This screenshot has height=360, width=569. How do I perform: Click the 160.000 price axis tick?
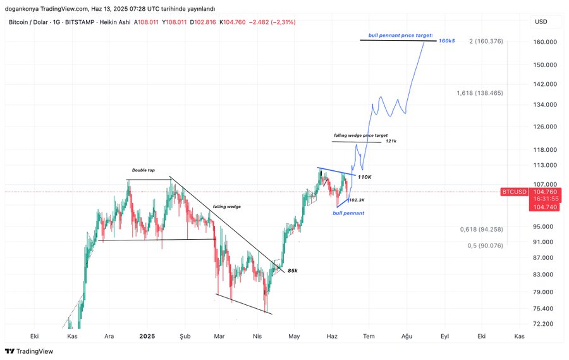coord(544,42)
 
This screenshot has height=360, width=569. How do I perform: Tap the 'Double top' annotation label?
coord(143,170)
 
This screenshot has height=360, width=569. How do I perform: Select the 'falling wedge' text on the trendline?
coord(226,206)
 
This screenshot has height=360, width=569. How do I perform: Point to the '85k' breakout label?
coord(292,270)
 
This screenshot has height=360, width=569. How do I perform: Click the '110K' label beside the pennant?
coord(364,177)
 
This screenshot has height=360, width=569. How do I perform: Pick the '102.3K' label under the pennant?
coord(357,200)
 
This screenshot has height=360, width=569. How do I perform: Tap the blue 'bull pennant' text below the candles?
coord(348,213)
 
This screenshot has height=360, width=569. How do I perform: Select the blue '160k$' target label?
coord(446,40)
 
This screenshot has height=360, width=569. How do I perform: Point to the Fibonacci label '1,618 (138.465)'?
coord(480,93)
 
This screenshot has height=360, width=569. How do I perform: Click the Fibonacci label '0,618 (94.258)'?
coord(481,229)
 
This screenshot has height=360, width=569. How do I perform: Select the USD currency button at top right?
coord(541,22)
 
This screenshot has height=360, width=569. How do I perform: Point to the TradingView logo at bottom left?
coord(29,351)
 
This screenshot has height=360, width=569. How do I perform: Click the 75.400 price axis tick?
coord(544,308)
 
